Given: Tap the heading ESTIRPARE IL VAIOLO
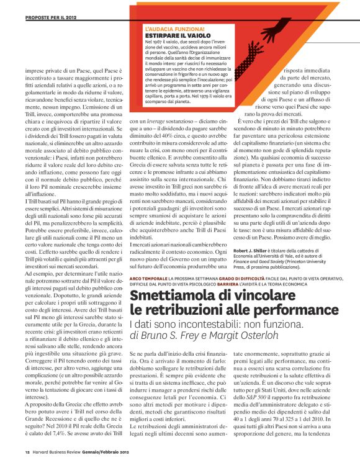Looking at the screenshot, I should point(171,35).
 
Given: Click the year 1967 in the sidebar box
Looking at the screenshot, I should point(158,42).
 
